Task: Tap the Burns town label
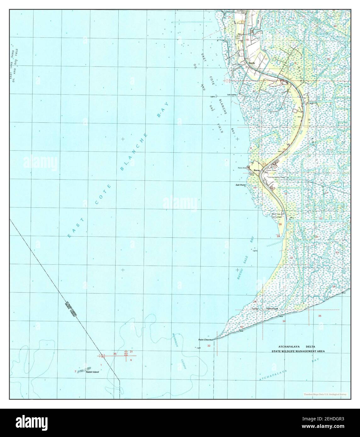pos(256,170)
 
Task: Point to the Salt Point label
pos(240,185)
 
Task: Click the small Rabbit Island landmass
pos(84,368)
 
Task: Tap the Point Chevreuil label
pos(206,340)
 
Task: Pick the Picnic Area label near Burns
pos(242,168)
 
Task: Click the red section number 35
pos(320,316)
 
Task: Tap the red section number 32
pos(209,346)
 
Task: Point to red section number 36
pos(115,354)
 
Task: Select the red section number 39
pos(278,236)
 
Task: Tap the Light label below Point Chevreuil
pos(198,348)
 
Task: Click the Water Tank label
pos(274,214)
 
